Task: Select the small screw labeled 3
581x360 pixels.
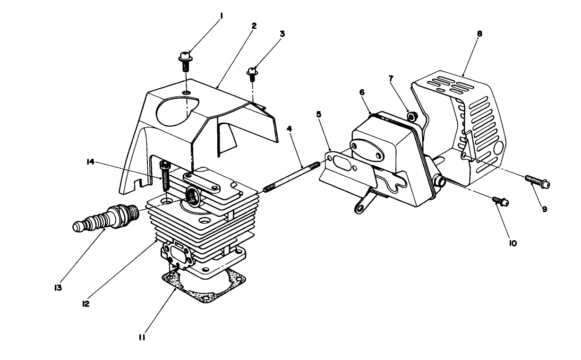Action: pos(253,72)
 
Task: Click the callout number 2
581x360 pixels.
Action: pos(254,26)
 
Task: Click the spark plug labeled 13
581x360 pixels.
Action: pos(106,219)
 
